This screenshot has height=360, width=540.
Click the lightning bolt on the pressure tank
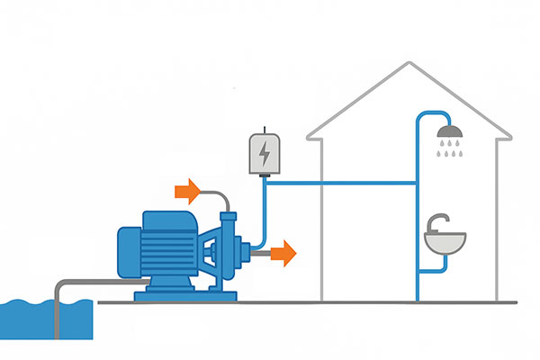pyautogui.click(x=264, y=155)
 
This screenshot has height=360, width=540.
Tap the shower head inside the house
pyautogui.click(x=449, y=134)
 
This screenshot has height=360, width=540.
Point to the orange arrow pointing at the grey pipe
pyautogui.click(x=188, y=190)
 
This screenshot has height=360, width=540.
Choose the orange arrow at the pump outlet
pyautogui.click(x=284, y=254)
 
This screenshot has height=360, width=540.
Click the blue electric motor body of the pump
pyautogui.click(x=167, y=247)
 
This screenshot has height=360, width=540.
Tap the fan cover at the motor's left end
pyautogui.click(x=126, y=250)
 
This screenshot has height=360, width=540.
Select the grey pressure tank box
pyautogui.click(x=264, y=154)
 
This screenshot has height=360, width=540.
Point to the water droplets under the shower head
pyautogui.click(x=449, y=153)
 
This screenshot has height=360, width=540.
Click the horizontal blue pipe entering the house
pyautogui.click(x=342, y=184)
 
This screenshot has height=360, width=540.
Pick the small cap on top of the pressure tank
pyautogui.click(x=264, y=129)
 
